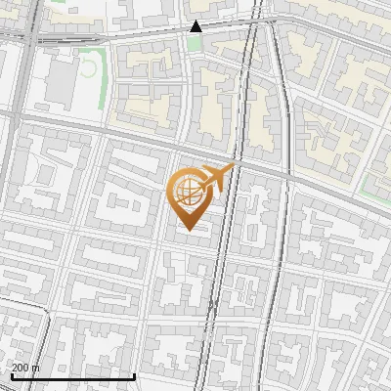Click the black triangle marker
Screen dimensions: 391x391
(x=196, y=26)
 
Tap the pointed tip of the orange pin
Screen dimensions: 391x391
(x=188, y=230)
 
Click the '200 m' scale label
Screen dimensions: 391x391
(x=25, y=368)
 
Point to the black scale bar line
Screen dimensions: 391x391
(x=72, y=376)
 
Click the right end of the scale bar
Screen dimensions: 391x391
(x=134, y=376)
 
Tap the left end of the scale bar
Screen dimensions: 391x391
(x=11, y=376)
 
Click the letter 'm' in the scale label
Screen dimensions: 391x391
(x=35, y=368)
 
